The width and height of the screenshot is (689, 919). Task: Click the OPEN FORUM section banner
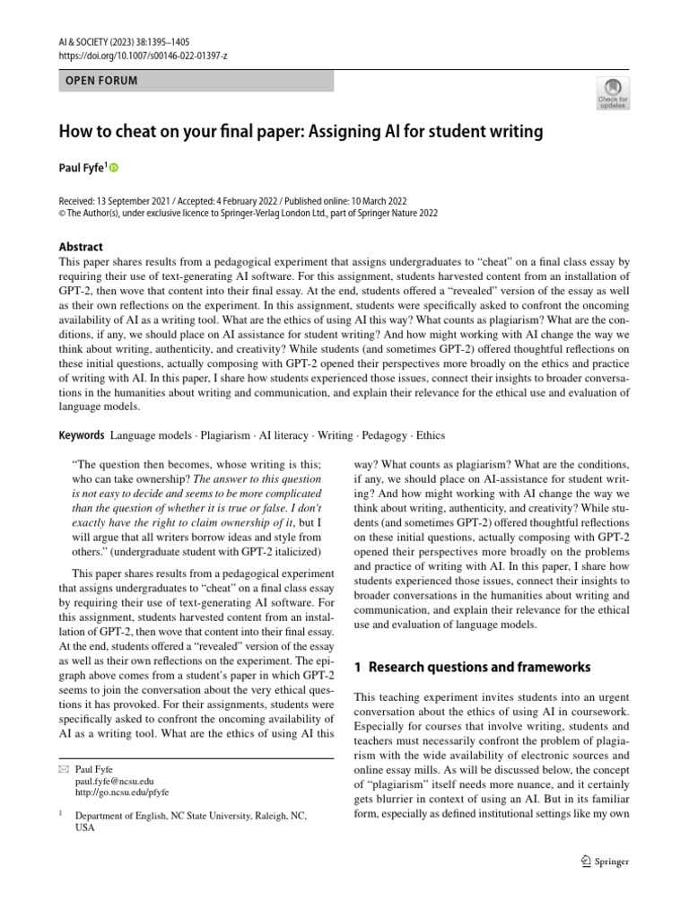click(x=196, y=81)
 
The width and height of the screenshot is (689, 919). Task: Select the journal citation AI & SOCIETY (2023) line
click(x=124, y=41)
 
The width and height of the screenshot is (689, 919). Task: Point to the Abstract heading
click(x=81, y=247)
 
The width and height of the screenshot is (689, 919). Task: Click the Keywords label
click(x=82, y=435)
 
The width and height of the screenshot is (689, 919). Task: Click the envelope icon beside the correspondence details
click(x=63, y=770)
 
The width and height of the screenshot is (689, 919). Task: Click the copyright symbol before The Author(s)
click(x=63, y=214)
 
